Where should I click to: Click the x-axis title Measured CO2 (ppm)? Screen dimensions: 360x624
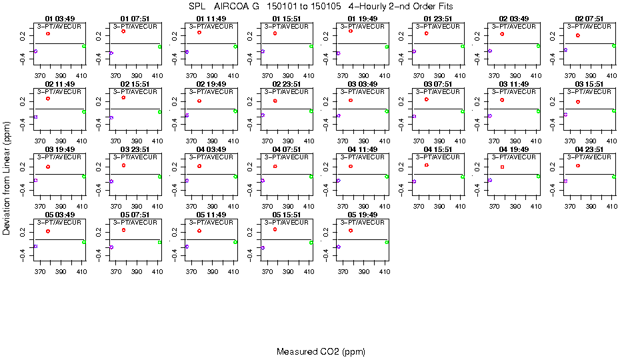point(321,351)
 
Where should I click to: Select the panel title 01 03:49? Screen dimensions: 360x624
point(59,19)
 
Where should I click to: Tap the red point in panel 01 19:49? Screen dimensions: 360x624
point(351,31)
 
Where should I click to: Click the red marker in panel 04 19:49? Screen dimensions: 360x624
point(502,167)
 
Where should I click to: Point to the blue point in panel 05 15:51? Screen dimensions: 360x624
point(263,247)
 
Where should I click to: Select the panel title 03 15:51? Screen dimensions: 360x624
point(589,84)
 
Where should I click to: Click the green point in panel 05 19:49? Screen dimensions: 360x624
point(387,242)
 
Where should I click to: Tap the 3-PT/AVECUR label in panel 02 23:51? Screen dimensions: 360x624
point(287,91)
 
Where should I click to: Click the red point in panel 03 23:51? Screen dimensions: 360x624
point(123,165)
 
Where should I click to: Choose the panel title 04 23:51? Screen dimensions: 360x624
point(589,149)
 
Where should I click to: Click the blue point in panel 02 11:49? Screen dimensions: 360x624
point(35,117)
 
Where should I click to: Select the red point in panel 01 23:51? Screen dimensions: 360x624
point(426,33)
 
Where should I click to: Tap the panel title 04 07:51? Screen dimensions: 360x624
point(287,149)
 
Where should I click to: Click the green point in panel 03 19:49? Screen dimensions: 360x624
point(84,176)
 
